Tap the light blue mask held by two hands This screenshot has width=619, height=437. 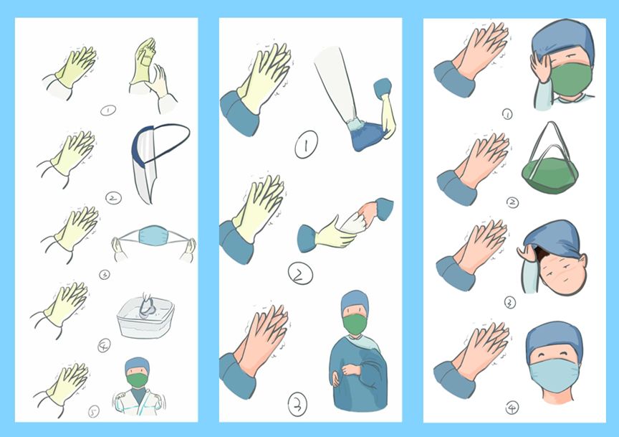pos(153,235)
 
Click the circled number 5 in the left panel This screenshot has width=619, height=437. pos(94,411)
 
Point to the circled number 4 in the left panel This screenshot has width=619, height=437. pos(104,346)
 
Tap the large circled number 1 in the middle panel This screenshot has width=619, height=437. pos(306,145)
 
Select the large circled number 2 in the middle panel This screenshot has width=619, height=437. pos(301,273)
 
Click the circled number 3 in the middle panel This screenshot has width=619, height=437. pos(297,404)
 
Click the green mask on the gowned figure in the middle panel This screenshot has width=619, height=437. pos(355,324)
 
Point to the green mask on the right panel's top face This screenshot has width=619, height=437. pos(572,80)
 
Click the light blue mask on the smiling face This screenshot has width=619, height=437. pos(555,375)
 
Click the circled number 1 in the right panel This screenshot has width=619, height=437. pos(507,114)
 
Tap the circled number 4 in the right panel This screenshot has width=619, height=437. pos(512,408)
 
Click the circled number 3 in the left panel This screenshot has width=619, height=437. pos(104,274)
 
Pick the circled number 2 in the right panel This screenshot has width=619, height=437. pos(512,202)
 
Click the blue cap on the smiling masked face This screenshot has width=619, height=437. pos(555,341)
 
